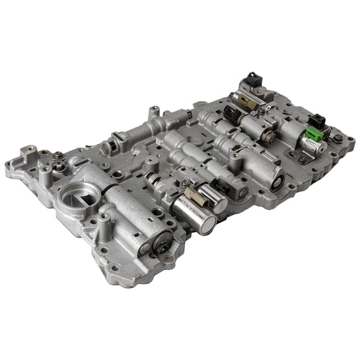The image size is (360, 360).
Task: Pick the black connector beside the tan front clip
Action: coord(218,186)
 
